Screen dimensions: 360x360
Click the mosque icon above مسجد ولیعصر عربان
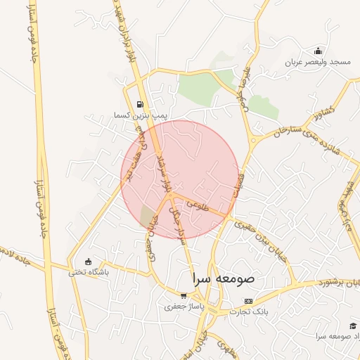318,51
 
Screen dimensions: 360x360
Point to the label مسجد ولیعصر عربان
317,62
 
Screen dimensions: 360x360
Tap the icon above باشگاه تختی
87,262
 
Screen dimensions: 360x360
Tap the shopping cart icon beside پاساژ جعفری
184,297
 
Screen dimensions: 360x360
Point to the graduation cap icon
352,326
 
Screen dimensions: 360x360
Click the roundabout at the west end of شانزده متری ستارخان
253,140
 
